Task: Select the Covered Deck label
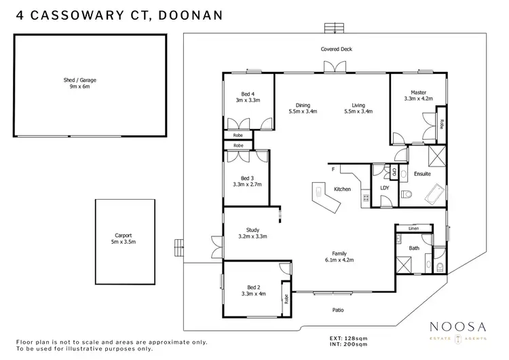pos(336,50)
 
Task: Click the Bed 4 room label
pos(248,97)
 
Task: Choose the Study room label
pos(252,233)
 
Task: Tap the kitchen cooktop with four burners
pos(365,198)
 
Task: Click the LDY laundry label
pos(384,188)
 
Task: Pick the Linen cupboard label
pos(413,229)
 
